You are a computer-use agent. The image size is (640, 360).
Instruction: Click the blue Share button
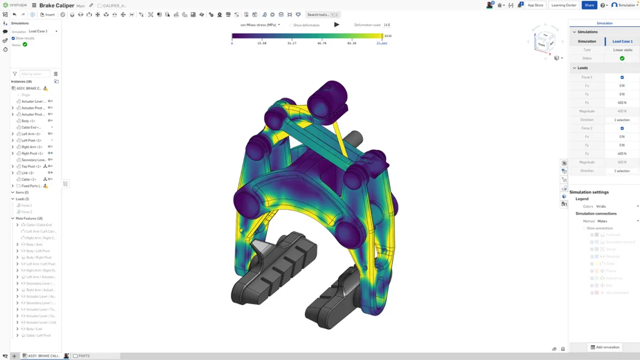[589, 5]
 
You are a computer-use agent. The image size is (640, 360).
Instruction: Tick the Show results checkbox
[13, 38]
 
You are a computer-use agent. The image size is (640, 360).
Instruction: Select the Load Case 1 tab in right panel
[622, 41]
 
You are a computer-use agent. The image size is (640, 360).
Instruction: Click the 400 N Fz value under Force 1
[622, 103]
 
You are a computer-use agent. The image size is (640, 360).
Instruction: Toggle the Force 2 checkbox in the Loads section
[622, 128]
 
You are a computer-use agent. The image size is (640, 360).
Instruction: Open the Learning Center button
[564, 5]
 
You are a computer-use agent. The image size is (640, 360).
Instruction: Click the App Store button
[535, 5]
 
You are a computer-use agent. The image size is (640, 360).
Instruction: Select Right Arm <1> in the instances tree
[32, 147]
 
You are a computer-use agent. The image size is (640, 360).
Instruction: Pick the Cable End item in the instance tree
[31, 127]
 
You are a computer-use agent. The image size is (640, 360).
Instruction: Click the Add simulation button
[605, 347]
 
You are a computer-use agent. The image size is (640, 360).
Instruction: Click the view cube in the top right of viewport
[545, 42]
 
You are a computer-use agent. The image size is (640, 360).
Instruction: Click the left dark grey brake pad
[272, 272]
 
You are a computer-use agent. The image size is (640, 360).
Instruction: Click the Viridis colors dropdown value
[601, 206]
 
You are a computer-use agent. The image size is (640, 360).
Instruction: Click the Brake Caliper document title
[57, 5]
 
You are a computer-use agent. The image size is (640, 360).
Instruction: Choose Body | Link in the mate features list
[34, 329]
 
